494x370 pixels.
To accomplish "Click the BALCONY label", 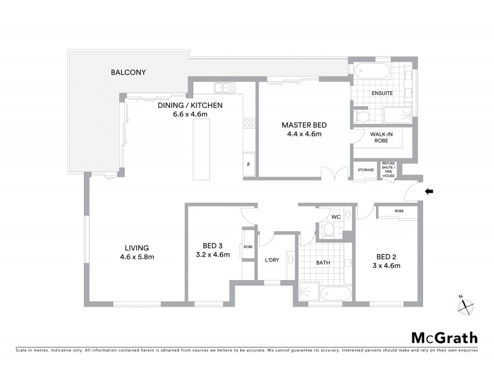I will (x=128, y=72).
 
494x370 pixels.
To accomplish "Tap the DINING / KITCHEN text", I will (x=190, y=105).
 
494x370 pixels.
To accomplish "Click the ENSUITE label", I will (x=382, y=93).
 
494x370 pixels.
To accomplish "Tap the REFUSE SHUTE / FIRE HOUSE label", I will (x=388, y=169).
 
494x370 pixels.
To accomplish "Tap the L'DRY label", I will (x=272, y=260).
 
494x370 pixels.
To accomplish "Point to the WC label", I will (x=336, y=217).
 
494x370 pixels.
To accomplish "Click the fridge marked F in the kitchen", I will (x=248, y=165).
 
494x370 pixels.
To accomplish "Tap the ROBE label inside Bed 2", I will (x=398, y=211).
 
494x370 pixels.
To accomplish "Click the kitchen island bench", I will (x=201, y=150).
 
